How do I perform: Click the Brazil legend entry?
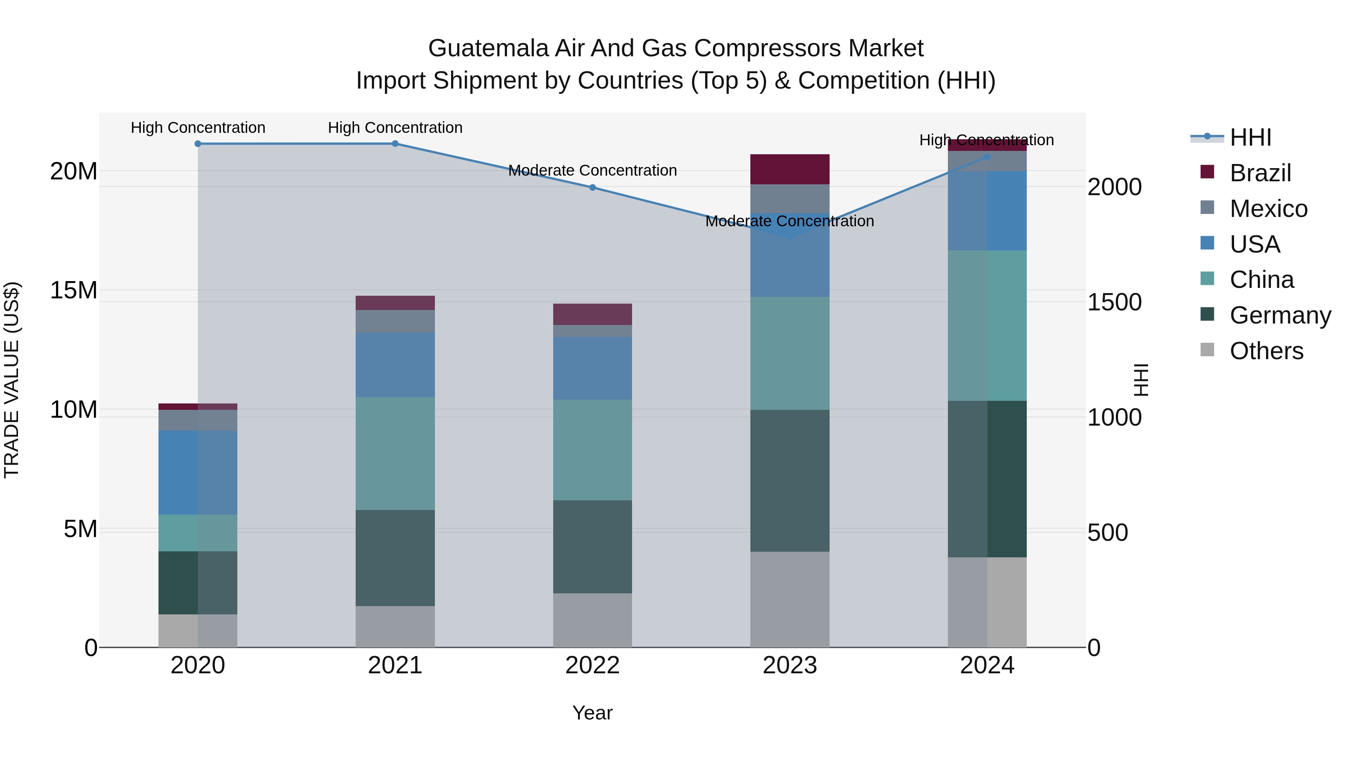pyautogui.click(x=1260, y=173)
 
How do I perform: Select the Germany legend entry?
pyautogui.click(x=1280, y=315)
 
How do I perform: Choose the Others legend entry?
pyautogui.click(x=1266, y=351)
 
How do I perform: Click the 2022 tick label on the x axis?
pyautogui.click(x=592, y=665)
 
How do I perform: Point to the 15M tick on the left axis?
pyautogui.click(x=74, y=290)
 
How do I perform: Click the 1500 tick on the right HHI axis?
pyautogui.click(x=1114, y=302)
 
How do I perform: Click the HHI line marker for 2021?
pyautogui.click(x=395, y=144)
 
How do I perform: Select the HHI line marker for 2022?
pyautogui.click(x=592, y=187)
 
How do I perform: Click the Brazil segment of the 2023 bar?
pyautogui.click(x=789, y=169)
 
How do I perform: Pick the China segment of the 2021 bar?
pyautogui.click(x=395, y=453)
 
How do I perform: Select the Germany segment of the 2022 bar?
pyautogui.click(x=592, y=546)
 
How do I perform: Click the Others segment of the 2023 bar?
pyautogui.click(x=789, y=599)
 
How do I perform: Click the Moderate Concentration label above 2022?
pyautogui.click(x=592, y=170)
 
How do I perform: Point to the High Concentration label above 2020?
pyautogui.click(x=198, y=128)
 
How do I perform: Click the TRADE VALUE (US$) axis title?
pyautogui.click(x=12, y=380)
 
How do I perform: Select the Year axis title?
pyautogui.click(x=592, y=713)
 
